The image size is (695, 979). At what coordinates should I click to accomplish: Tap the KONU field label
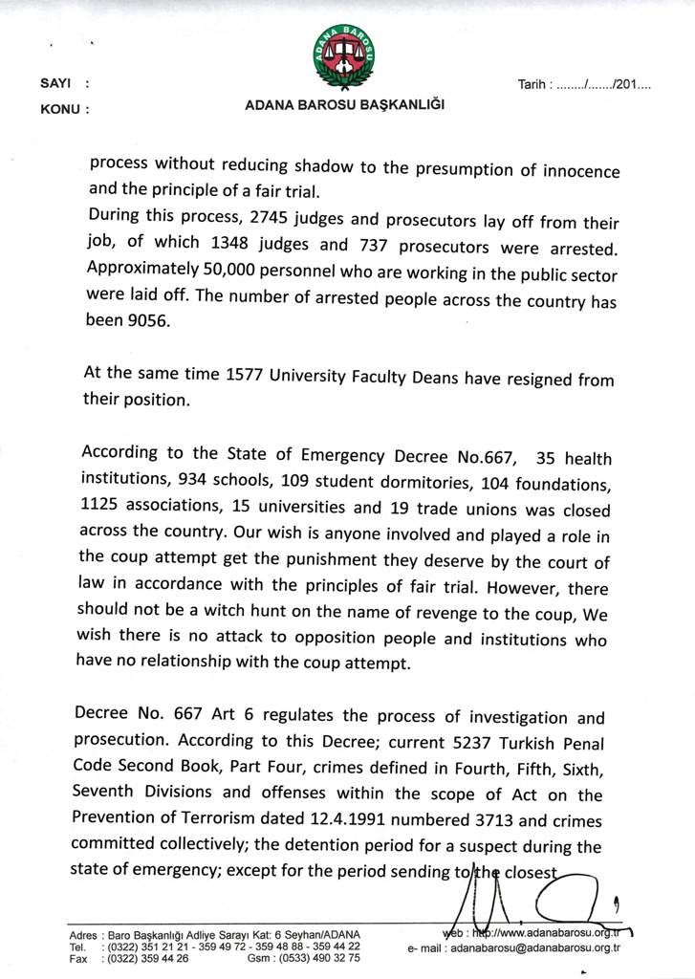pos(60,109)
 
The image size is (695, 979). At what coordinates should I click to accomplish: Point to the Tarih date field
pos(584,84)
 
